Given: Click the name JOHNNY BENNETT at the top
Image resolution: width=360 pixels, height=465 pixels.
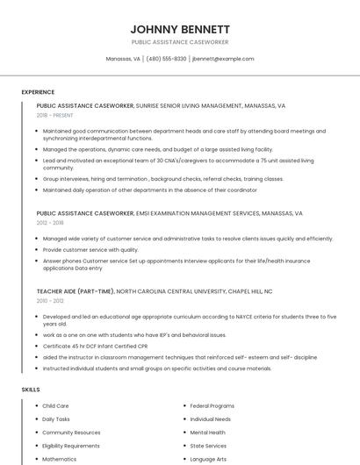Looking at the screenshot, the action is [x=179, y=28].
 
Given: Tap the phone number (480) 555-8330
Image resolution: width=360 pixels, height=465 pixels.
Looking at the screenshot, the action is [x=167, y=59].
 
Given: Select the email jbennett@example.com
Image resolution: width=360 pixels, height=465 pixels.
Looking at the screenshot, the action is [x=223, y=59].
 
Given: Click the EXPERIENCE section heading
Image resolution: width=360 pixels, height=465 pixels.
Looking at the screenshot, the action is [x=38, y=91].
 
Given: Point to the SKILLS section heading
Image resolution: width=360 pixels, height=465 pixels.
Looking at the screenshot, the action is [x=30, y=389].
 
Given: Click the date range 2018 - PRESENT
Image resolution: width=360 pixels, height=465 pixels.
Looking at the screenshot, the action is [x=56, y=115].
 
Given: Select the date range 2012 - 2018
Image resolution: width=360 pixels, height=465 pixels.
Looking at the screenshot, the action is [x=50, y=223].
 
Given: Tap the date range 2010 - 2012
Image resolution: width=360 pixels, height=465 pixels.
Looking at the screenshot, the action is [x=50, y=300].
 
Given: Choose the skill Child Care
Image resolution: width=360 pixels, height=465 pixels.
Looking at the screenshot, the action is [x=55, y=406].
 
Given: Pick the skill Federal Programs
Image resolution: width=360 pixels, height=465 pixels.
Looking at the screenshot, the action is [x=212, y=406].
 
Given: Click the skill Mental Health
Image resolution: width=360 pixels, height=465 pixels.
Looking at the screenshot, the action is [x=207, y=433].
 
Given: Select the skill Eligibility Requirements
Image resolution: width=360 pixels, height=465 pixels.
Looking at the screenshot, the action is [x=71, y=446].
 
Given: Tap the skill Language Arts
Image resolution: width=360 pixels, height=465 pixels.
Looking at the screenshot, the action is [x=208, y=459].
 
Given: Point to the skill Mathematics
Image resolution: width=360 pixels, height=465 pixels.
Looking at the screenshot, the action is [x=60, y=459].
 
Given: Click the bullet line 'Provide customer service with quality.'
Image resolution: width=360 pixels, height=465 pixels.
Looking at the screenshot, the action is [x=90, y=249].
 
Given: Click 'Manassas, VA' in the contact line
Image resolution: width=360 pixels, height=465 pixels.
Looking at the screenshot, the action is [x=123, y=59].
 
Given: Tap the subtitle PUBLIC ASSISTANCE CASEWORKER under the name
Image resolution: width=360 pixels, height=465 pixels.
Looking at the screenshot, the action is [x=179, y=41].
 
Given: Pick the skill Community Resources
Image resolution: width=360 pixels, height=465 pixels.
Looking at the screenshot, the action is [x=71, y=433].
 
